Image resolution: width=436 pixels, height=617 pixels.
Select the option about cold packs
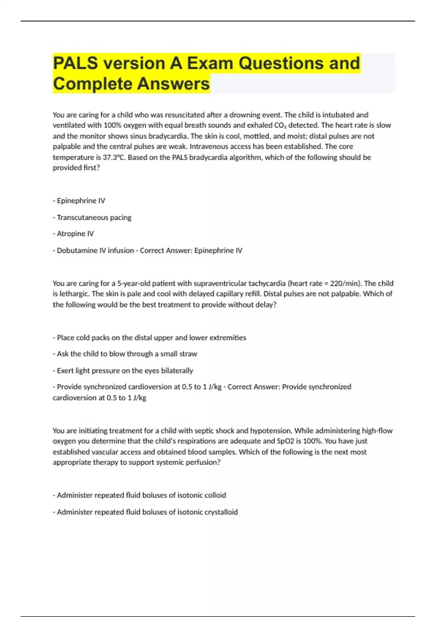point(149,338)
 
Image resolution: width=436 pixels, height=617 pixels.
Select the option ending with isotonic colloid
point(140,495)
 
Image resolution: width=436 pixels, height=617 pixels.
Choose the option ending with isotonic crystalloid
point(145,512)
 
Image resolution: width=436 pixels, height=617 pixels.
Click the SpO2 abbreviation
point(285,441)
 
